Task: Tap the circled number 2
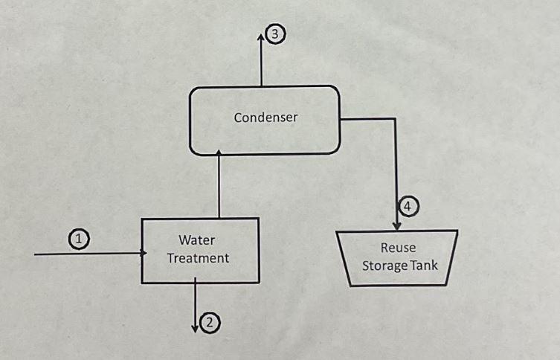[x=210, y=322]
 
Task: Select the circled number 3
[x=276, y=35]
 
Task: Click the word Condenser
[x=265, y=118]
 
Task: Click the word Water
[x=196, y=240]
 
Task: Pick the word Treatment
[x=198, y=258]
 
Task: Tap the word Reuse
[x=397, y=248]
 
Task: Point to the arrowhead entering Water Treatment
[x=142, y=254]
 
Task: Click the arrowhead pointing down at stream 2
[x=195, y=327]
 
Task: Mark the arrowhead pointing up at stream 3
[x=262, y=36]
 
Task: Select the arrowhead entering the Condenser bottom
[x=219, y=152]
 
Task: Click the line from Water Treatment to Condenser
[x=219, y=186]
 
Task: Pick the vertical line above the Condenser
[x=262, y=63]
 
